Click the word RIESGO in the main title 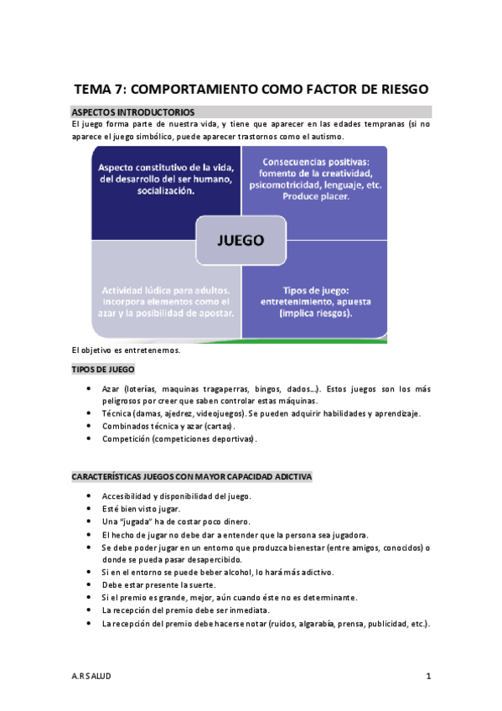pyautogui.click(x=396, y=88)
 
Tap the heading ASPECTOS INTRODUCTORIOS pyautogui.click(x=134, y=112)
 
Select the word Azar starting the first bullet pyautogui.click(x=111, y=390)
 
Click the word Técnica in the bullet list pyautogui.click(x=117, y=414)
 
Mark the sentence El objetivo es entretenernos pyautogui.click(x=126, y=350)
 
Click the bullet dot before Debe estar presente pyautogui.click(x=90, y=584)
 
